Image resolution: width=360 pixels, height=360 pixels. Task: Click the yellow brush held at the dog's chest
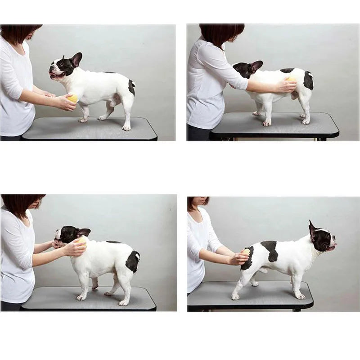click(x=72, y=99)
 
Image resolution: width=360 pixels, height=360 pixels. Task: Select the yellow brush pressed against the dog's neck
click(x=81, y=242)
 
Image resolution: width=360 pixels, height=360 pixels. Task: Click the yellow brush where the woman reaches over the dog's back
click(x=291, y=79)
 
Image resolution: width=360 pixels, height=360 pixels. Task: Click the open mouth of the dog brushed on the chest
click(x=56, y=76)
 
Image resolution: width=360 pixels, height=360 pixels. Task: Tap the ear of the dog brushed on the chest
click(x=76, y=59)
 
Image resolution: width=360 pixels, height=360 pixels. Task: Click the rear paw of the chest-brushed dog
click(x=126, y=128)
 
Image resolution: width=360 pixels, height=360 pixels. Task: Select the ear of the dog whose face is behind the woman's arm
click(x=256, y=66)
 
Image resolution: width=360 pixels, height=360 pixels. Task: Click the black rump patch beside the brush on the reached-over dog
click(x=308, y=81)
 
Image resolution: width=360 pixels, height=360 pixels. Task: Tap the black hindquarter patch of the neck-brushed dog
click(x=133, y=261)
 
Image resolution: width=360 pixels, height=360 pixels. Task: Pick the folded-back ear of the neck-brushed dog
click(x=83, y=232)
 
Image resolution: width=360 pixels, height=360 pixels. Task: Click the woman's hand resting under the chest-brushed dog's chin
click(x=49, y=94)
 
